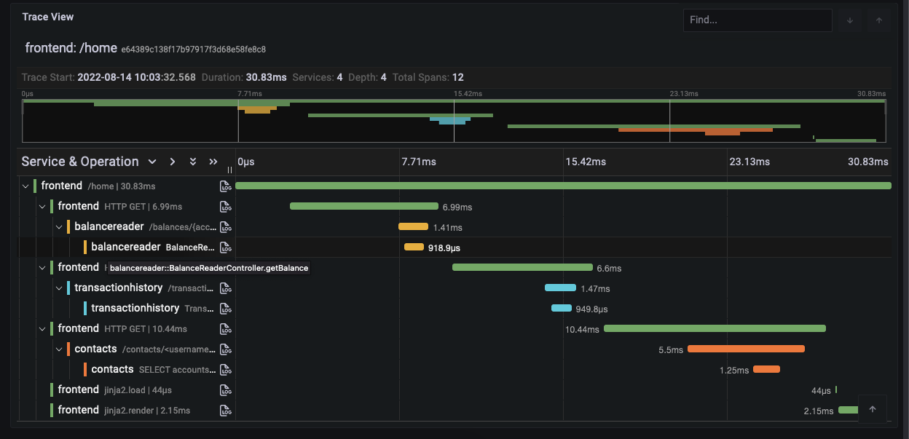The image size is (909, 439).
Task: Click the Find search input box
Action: coord(757,20)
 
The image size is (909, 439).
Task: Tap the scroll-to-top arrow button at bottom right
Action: coord(873,409)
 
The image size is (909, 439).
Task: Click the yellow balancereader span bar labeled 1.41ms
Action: coord(413,226)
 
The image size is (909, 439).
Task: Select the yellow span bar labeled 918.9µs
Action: coord(414,247)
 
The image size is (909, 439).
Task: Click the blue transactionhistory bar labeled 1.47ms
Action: coord(560,288)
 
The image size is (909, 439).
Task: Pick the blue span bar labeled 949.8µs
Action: coord(561,308)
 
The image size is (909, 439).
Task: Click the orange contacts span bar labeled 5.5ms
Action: coord(746,349)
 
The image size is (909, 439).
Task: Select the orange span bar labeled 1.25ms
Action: coord(766,369)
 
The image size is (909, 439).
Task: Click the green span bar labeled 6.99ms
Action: coord(363,206)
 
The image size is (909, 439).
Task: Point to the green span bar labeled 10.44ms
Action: coord(715,328)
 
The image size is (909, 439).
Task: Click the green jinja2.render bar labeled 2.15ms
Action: coord(849,410)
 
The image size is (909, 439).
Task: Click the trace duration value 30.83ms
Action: coord(266,77)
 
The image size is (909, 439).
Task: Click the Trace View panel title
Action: coord(48,17)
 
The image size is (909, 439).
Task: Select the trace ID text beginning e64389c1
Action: coord(193,50)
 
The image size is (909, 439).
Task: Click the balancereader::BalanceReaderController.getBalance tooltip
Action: coord(209,268)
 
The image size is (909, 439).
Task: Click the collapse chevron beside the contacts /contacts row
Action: coord(59,349)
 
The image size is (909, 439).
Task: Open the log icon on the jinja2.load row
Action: coord(226,389)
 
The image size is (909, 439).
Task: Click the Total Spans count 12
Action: coord(457,77)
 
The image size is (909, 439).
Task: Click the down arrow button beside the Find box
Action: coord(849,20)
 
